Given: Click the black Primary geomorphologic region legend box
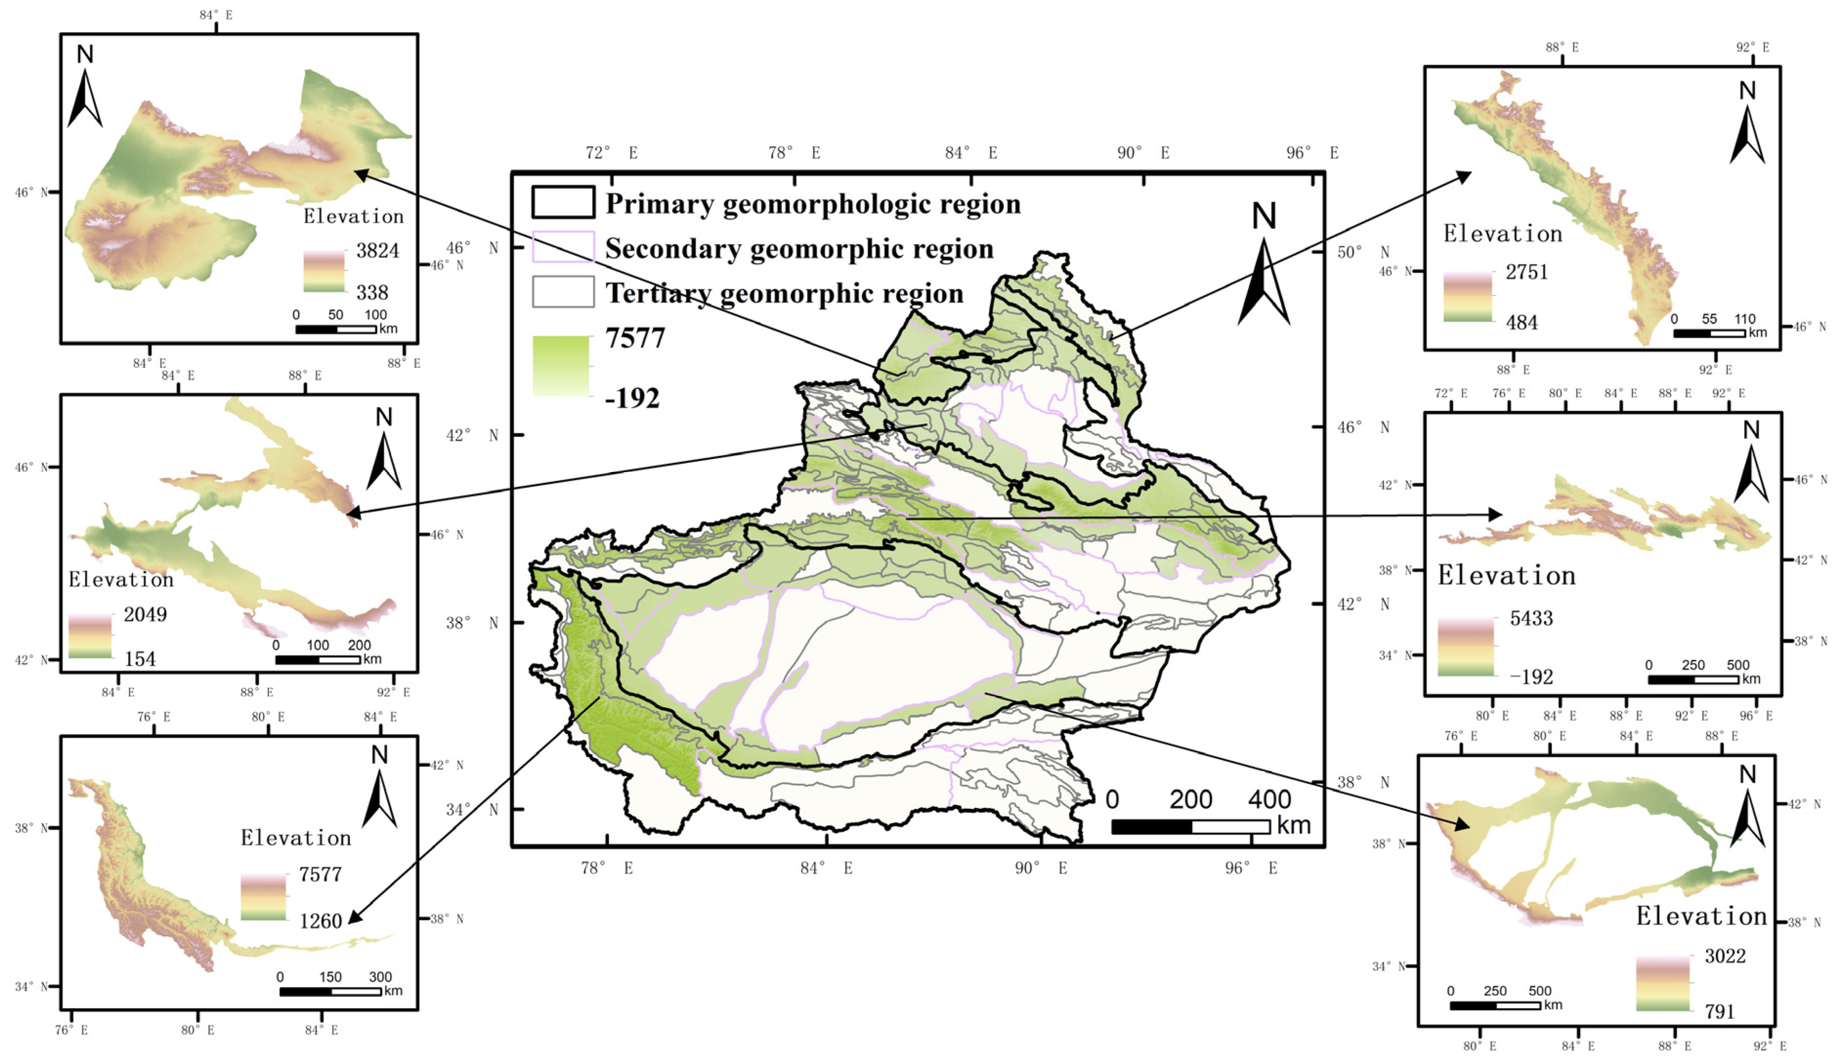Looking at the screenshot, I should pyautogui.click(x=563, y=202).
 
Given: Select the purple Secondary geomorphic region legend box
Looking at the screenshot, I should pyautogui.click(x=563, y=247).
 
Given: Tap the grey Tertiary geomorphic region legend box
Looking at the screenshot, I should pyautogui.click(x=563, y=292).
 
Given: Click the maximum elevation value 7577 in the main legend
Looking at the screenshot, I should pyautogui.click(x=635, y=339).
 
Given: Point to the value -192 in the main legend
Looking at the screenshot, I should pyautogui.click(x=632, y=398).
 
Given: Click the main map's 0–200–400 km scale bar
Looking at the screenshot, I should pyautogui.click(x=1190, y=826).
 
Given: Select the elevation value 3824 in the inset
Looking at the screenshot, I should pyautogui.click(x=377, y=251).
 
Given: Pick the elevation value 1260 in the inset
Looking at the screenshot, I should pyautogui.click(x=320, y=921).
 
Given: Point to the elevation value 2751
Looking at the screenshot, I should pyautogui.click(x=1527, y=272).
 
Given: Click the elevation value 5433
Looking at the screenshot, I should pyautogui.click(x=1531, y=618).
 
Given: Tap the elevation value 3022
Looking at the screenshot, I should pyautogui.click(x=1725, y=955).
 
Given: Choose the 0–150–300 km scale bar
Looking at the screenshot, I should pyautogui.click(x=330, y=991).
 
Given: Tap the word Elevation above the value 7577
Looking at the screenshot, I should pyautogui.click(x=296, y=838).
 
